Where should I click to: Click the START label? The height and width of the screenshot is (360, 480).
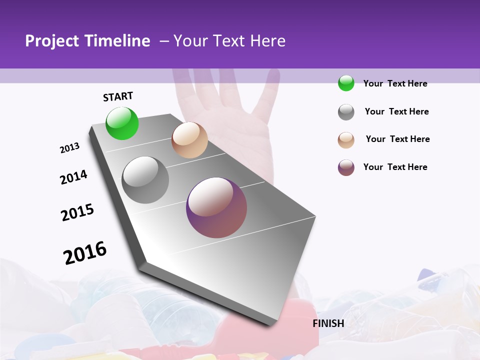pyautogui.click(x=118, y=96)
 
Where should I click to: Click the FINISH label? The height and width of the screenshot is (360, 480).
pyautogui.click(x=328, y=323)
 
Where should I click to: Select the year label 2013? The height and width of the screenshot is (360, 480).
pyautogui.click(x=69, y=148)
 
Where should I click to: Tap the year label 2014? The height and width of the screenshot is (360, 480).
pyautogui.click(x=73, y=177)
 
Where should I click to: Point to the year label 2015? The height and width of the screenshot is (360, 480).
pyautogui.click(x=77, y=212)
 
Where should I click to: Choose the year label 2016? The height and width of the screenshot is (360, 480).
pyautogui.click(x=85, y=252)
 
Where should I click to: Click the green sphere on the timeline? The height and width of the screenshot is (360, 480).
pyautogui.click(x=122, y=123)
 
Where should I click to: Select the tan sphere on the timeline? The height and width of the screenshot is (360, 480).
pyautogui.click(x=189, y=140)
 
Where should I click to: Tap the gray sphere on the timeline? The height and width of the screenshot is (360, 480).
pyautogui.click(x=145, y=180)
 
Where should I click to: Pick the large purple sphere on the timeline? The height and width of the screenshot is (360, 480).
pyautogui.click(x=216, y=207)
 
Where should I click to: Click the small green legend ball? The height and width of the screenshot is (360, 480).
pyautogui.click(x=346, y=83)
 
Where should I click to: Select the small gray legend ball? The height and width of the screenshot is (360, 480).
pyautogui.click(x=346, y=112)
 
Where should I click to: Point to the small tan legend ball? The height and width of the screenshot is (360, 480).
pyautogui.click(x=346, y=140)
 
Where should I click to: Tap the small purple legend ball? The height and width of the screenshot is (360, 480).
pyautogui.click(x=346, y=167)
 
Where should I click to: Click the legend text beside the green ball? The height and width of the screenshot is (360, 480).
pyautogui.click(x=395, y=83)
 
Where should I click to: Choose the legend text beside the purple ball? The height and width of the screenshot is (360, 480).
pyautogui.click(x=395, y=167)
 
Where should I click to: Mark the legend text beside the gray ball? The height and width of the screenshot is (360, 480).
pyautogui.click(x=396, y=111)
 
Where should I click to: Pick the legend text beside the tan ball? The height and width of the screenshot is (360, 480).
pyautogui.click(x=397, y=139)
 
